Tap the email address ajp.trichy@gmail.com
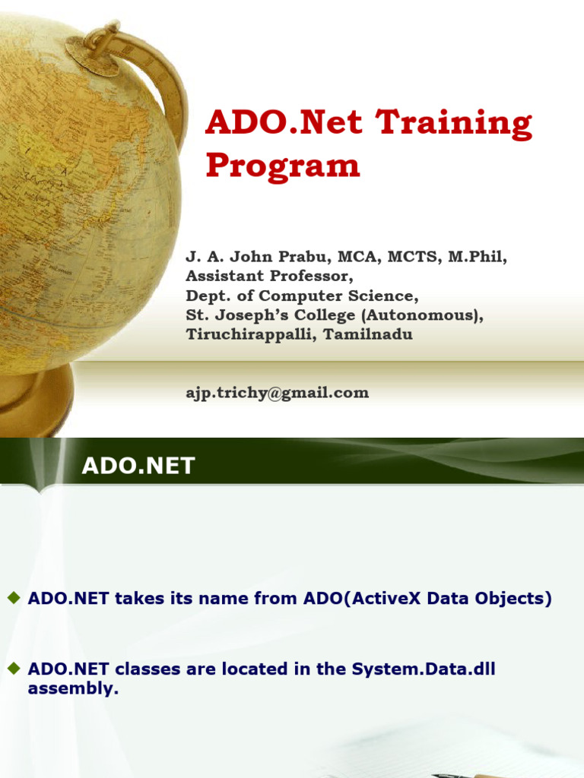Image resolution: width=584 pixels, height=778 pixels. (278, 393)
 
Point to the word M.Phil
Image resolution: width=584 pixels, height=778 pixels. (477, 257)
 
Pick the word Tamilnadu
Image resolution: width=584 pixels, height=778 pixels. (370, 334)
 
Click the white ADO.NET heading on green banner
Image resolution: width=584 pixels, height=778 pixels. (138, 466)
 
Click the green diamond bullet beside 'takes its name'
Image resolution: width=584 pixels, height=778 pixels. (13, 598)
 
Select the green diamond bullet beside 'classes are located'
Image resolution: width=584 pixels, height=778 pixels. (13, 669)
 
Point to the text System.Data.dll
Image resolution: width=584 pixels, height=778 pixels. (424, 669)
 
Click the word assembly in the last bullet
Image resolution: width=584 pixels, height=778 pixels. (73, 689)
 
